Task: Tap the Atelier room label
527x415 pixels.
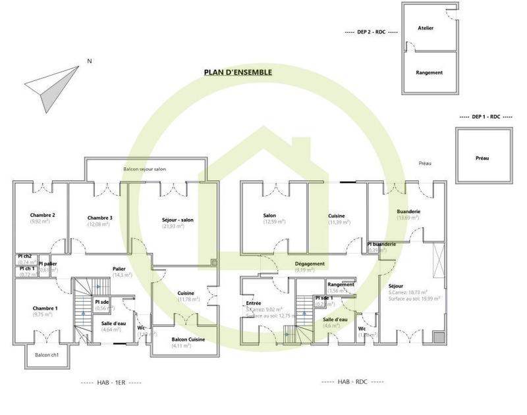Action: click(429, 28)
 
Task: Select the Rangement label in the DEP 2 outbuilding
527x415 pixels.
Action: click(429, 72)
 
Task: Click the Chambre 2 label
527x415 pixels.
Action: click(42, 215)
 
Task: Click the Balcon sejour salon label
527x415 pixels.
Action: click(144, 169)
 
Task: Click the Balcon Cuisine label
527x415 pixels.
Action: click(188, 339)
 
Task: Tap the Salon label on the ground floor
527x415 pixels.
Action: click(269, 215)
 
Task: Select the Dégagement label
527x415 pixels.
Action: click(309, 264)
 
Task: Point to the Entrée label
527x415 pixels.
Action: click(254, 303)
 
